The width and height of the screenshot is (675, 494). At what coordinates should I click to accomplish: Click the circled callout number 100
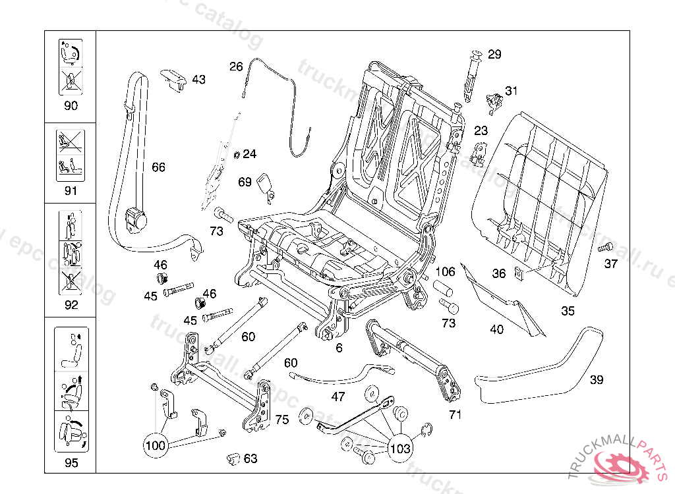(x=156, y=446)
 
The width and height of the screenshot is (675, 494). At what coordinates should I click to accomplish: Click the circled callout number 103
(x=400, y=449)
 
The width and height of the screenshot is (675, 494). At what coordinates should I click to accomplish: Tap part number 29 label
(x=494, y=54)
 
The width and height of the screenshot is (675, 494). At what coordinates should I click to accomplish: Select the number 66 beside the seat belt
(x=158, y=167)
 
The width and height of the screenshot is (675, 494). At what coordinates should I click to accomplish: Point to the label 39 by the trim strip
(x=597, y=379)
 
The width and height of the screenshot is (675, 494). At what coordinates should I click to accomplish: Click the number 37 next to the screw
(x=611, y=264)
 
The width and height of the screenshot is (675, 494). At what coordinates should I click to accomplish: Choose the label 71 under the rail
(x=455, y=414)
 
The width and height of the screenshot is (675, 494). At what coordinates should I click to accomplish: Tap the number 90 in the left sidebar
(x=71, y=105)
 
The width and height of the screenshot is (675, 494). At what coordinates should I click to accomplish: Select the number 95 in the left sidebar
(x=71, y=462)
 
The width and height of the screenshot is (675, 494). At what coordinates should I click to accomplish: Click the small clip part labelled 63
(x=232, y=457)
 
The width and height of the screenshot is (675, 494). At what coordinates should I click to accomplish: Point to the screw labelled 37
(x=605, y=248)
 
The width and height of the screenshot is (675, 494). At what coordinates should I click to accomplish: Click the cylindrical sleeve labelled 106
(x=442, y=289)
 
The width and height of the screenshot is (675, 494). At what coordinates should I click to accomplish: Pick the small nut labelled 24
(x=237, y=155)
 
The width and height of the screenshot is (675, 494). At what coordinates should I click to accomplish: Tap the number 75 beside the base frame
(x=282, y=420)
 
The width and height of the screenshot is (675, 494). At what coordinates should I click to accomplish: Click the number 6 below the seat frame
(x=339, y=348)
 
